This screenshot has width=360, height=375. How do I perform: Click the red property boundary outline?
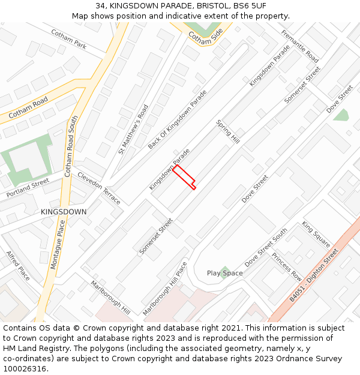tap(185, 177)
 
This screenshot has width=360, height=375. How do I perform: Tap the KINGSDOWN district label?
tap(64, 212)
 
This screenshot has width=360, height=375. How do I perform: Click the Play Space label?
tap(225, 273)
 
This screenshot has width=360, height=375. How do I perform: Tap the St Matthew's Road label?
tap(133, 129)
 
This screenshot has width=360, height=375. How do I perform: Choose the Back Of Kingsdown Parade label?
tap(177, 119)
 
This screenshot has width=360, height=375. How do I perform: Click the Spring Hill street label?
tap(228, 131)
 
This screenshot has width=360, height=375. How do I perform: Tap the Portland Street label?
tap(28, 188)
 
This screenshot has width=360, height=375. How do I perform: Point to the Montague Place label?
tap(58, 244)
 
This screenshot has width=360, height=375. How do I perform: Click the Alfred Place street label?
tap(18, 266)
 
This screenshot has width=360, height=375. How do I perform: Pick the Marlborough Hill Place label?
tap(165, 289)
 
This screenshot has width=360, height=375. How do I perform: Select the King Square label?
tap(316, 234)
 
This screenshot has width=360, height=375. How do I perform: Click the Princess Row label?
tap(287, 267)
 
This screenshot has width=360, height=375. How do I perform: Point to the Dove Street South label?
tap(266, 247)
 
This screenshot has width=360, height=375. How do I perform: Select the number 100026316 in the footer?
tap(24, 368)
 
